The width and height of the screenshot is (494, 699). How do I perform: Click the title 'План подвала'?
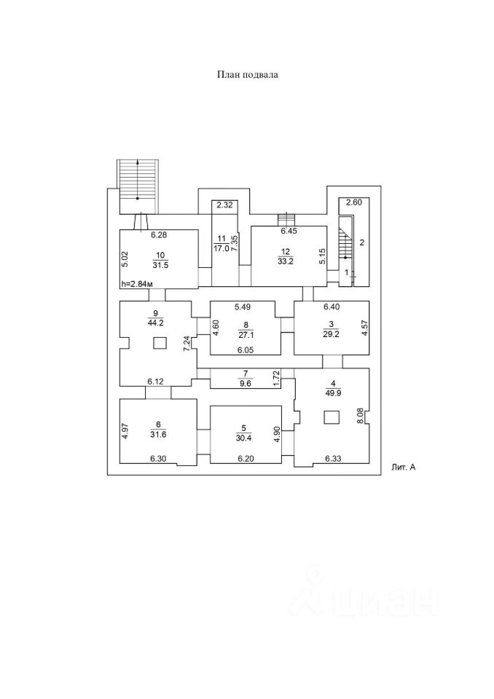point(247,75)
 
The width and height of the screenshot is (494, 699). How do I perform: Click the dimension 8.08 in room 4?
point(359,417)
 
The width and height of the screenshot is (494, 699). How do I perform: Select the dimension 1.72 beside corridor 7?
point(276,379)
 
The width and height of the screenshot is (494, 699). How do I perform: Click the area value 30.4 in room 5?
point(245,438)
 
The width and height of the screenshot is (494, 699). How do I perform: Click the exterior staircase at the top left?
point(138,185)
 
